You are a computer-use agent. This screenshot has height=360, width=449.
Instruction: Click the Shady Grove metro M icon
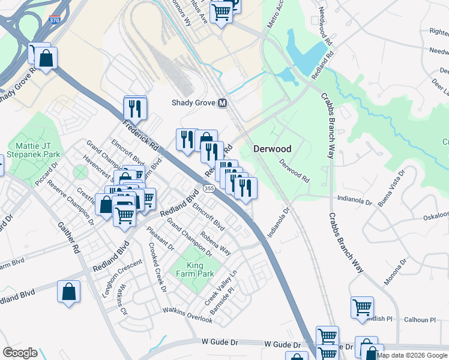coord(222,103)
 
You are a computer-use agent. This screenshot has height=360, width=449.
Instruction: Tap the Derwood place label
coord(272,149)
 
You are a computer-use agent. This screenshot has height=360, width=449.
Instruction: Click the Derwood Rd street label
coord(295,170)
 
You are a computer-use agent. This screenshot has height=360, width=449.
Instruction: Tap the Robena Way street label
coord(215,242)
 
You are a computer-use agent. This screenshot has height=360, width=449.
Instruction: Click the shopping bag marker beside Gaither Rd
coord(68,292)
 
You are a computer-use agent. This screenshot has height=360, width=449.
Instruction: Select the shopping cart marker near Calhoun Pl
coord(362,307)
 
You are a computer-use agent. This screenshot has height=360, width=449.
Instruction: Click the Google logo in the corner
coord(20,353)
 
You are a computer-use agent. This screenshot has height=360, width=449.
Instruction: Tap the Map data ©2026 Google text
coord(412,355)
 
